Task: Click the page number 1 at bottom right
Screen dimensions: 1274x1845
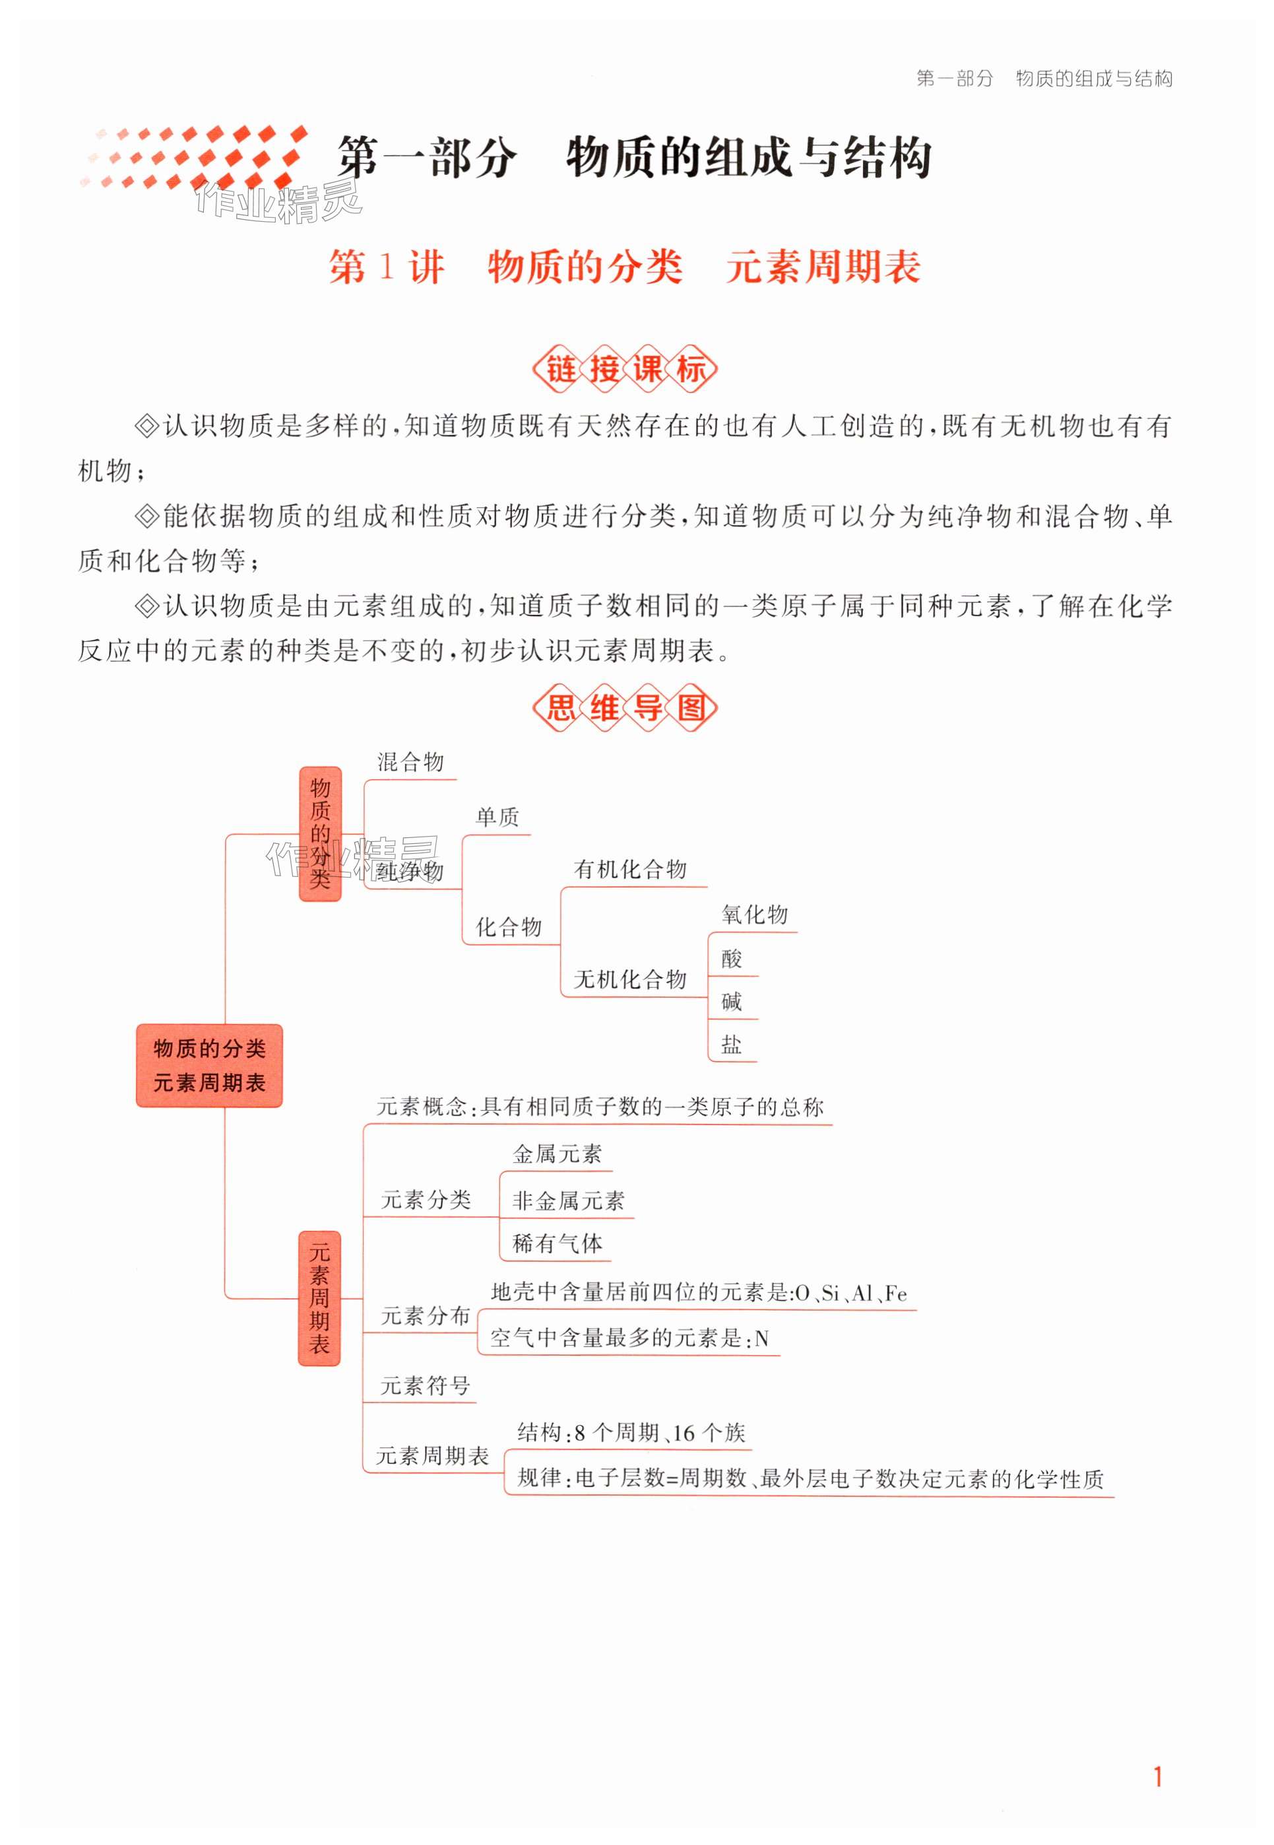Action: (x=1157, y=1777)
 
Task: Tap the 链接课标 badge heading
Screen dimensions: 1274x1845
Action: (x=624, y=369)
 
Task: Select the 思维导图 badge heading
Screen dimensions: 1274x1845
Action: (x=624, y=708)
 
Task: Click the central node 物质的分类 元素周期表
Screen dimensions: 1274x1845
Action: (x=209, y=1066)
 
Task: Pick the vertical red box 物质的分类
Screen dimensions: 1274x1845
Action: (x=320, y=834)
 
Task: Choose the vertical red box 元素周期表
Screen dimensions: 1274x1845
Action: (x=319, y=1298)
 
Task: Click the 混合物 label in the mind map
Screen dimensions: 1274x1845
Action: (x=410, y=762)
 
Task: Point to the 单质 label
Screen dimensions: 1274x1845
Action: (x=497, y=817)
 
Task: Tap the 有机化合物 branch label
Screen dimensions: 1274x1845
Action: (x=630, y=870)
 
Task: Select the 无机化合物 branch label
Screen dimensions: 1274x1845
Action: (x=630, y=979)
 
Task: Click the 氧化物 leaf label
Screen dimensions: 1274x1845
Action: (x=754, y=915)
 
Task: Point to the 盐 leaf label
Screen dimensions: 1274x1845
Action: (x=732, y=1045)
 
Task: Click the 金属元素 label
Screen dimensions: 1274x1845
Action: (x=557, y=1154)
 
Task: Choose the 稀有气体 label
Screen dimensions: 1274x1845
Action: (x=557, y=1243)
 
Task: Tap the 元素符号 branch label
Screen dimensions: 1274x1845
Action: (x=426, y=1386)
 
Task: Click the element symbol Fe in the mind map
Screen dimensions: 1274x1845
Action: (x=896, y=1294)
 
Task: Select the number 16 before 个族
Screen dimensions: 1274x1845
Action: (x=684, y=1434)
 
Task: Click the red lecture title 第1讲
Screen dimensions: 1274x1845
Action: (x=387, y=267)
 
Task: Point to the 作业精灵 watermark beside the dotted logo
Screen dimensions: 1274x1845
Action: (x=278, y=203)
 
